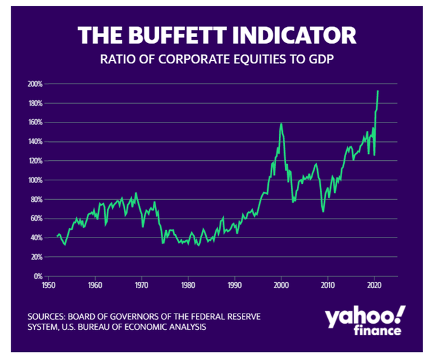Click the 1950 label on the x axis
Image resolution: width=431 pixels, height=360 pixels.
[x=48, y=285]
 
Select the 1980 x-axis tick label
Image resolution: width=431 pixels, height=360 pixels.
[x=188, y=285]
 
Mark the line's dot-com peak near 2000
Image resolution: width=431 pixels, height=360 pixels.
[x=281, y=123]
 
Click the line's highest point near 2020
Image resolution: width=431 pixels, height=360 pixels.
[x=378, y=91]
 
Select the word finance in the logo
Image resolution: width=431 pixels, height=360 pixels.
[x=379, y=331]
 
